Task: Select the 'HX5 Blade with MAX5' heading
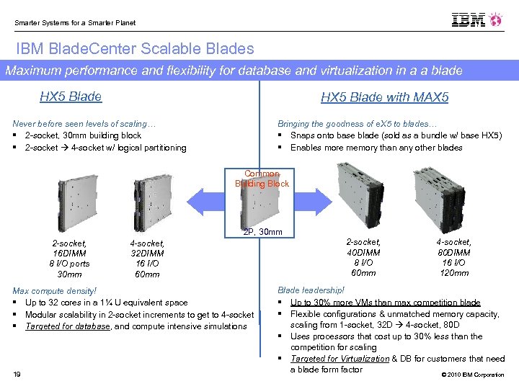click(x=385, y=97)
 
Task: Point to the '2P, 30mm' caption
click(x=262, y=232)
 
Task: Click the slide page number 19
click(x=17, y=372)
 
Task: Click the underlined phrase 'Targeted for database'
click(x=68, y=326)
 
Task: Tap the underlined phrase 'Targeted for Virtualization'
click(x=340, y=359)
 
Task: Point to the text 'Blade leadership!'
click(x=311, y=290)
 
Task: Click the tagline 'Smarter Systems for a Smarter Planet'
click(x=75, y=22)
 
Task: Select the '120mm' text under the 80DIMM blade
click(x=454, y=273)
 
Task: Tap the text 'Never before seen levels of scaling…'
click(x=84, y=124)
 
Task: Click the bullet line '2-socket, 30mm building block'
click(x=83, y=135)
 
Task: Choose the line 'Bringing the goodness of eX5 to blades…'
click(x=357, y=124)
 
